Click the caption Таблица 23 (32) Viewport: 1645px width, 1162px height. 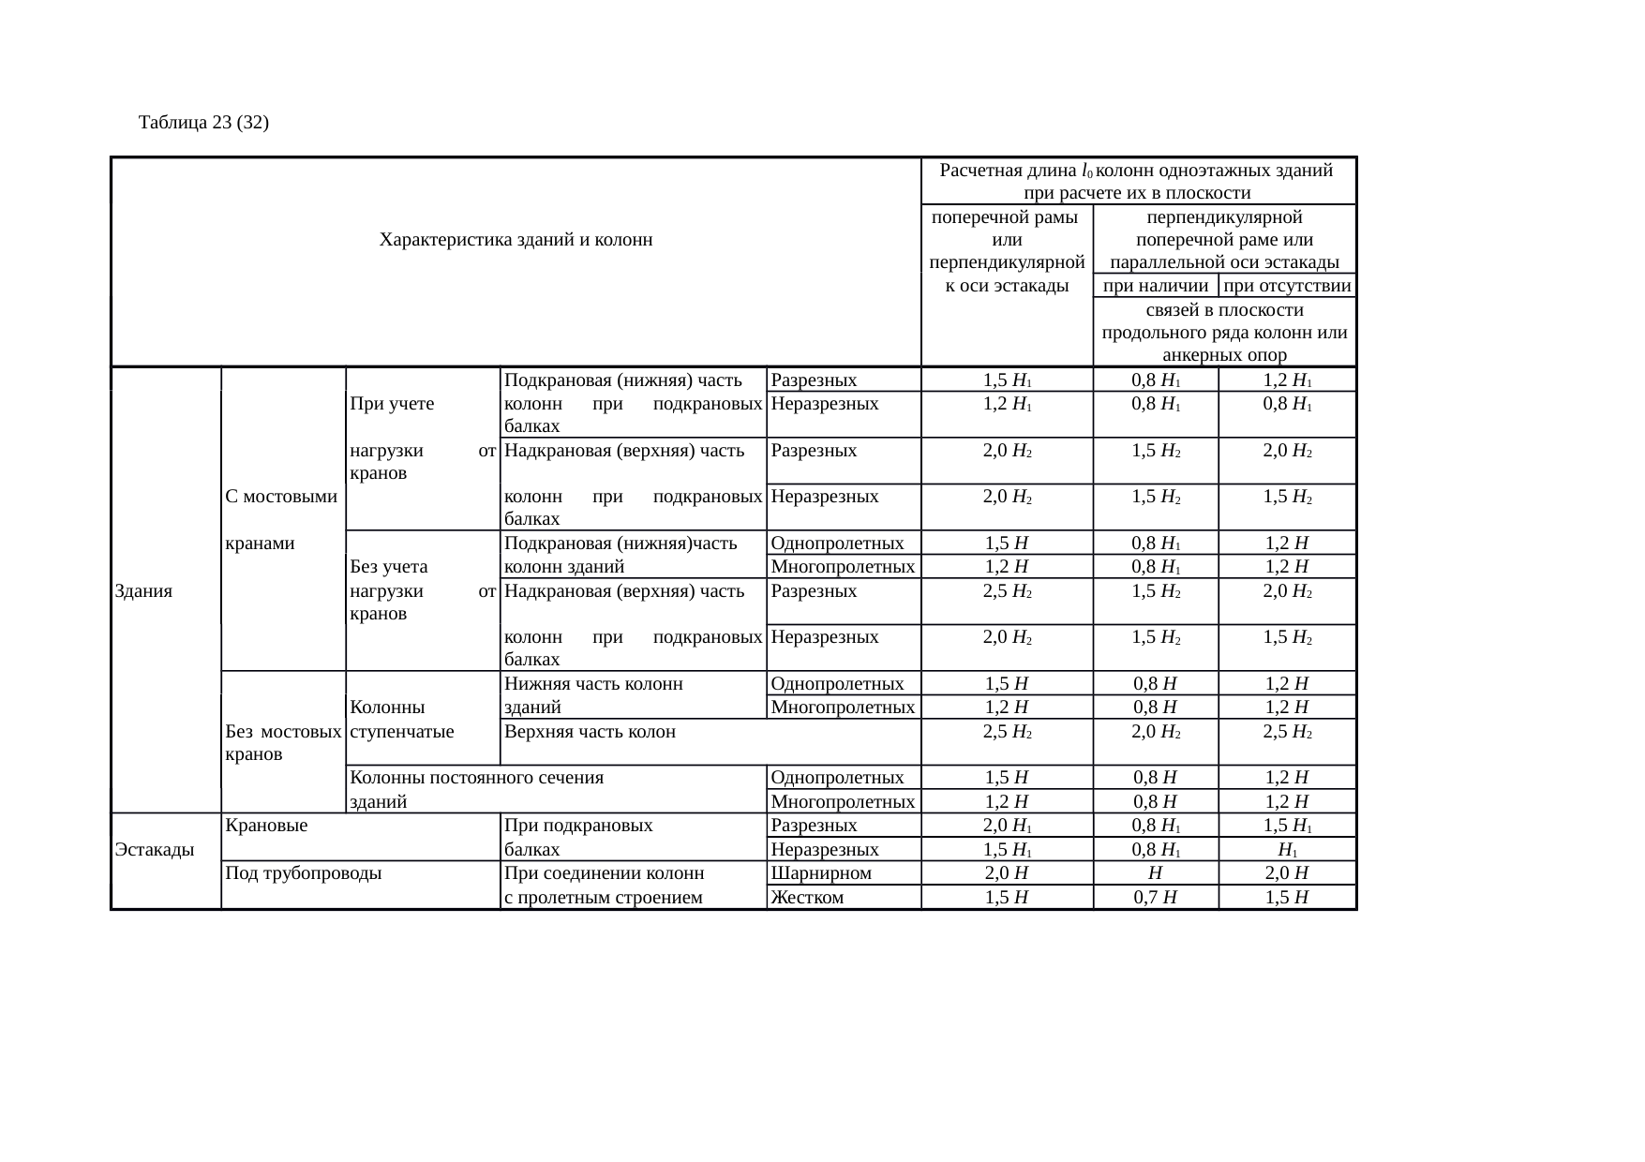coord(204,123)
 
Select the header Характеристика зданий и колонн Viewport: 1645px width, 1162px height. coord(516,240)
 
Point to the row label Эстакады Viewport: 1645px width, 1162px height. coord(155,850)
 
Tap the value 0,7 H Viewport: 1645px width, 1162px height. coord(1155,898)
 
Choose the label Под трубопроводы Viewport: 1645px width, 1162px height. coord(304,873)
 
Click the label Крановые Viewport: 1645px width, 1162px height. coord(267,827)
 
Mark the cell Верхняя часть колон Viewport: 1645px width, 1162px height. coord(590,732)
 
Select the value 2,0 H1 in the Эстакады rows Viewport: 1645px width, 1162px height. coord(1007,827)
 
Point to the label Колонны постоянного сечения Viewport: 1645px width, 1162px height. coord(476,778)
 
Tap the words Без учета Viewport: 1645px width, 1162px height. coord(389,567)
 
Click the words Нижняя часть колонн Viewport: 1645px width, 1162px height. coord(593,684)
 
